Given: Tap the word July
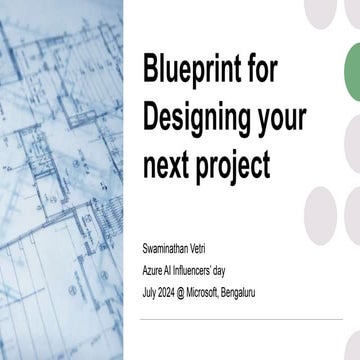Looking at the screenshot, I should pos(151,291).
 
